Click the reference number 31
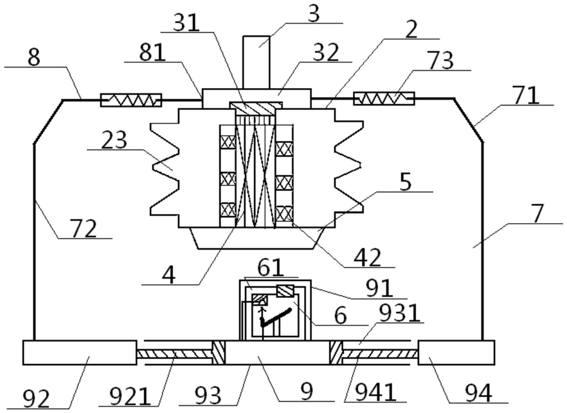[186, 23]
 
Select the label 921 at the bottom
[130, 396]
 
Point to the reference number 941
[375, 392]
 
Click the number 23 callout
[114, 140]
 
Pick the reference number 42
[368, 258]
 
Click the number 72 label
[84, 229]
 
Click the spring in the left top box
[131, 100]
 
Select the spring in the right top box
[384, 98]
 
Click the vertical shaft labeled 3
[256, 62]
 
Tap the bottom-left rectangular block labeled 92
[80, 353]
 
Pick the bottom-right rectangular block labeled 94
[456, 353]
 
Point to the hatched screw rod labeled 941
[380, 353]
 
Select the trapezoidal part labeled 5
[256, 238]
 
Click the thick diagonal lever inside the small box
[276, 317]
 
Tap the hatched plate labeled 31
[255, 108]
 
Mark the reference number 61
[271, 268]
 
